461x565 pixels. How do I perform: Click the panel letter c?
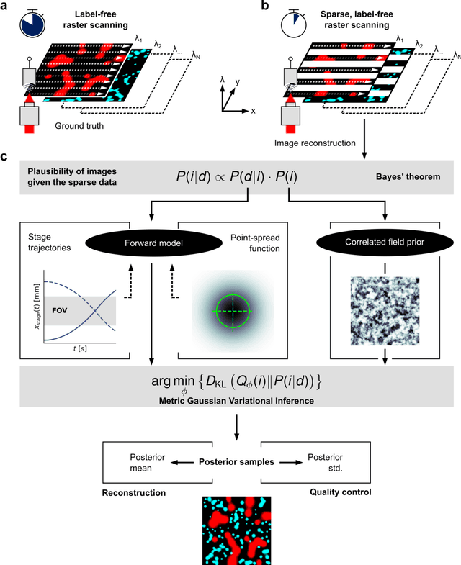click(x=7, y=157)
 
